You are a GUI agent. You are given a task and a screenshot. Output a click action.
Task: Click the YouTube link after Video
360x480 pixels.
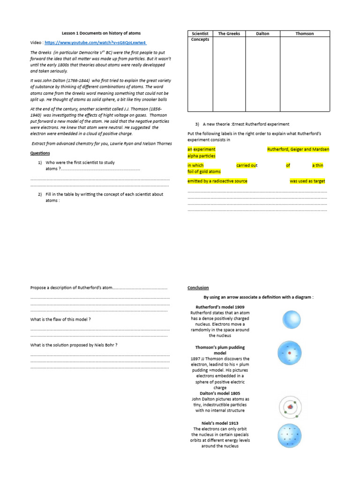(96, 42)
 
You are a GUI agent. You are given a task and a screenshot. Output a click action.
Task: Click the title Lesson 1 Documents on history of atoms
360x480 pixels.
(101, 33)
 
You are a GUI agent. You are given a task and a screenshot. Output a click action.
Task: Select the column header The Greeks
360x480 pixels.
(229, 34)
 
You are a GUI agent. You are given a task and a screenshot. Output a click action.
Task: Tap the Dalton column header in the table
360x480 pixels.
(262, 34)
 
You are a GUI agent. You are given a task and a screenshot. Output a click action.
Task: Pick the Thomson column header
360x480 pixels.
(305, 34)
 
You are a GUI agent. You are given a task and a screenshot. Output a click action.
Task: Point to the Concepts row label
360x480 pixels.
(200, 40)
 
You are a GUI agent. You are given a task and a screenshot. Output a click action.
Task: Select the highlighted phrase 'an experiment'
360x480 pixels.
(202, 150)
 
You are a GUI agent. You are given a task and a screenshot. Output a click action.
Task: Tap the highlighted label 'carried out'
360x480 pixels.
(247, 165)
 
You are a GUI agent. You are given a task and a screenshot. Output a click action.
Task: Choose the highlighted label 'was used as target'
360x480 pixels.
(307, 181)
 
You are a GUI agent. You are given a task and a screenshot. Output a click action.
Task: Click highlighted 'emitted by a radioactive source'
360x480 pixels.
(217, 181)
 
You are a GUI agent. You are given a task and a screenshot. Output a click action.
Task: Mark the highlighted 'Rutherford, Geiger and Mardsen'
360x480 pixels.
(298, 150)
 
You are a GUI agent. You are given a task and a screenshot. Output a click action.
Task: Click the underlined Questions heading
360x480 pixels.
(40, 153)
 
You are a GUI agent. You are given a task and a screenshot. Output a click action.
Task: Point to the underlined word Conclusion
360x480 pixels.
(198, 288)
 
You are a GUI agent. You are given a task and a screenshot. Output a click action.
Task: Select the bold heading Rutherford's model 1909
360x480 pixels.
(220, 307)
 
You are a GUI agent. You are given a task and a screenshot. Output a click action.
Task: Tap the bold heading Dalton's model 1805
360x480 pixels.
(220, 393)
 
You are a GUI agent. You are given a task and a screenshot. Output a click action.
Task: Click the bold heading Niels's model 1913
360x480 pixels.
(220, 423)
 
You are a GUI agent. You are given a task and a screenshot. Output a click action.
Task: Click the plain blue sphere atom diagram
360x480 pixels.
(291, 320)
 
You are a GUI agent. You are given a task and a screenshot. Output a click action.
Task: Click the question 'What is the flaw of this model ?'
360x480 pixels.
(60, 319)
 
